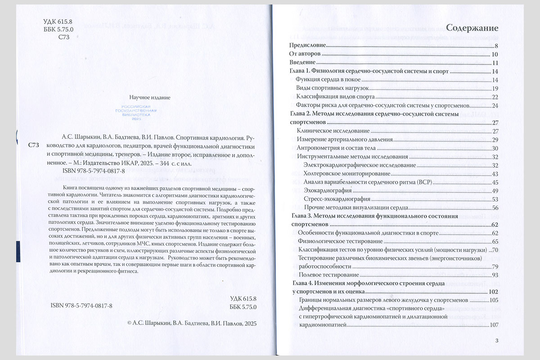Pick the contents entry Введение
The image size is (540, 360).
coord(302,63)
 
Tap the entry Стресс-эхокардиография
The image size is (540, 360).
coord(337,199)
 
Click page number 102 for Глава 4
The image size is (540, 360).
coord(493,292)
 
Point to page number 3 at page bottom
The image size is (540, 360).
coord(496,341)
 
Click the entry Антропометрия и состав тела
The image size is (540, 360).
coord(339,148)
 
